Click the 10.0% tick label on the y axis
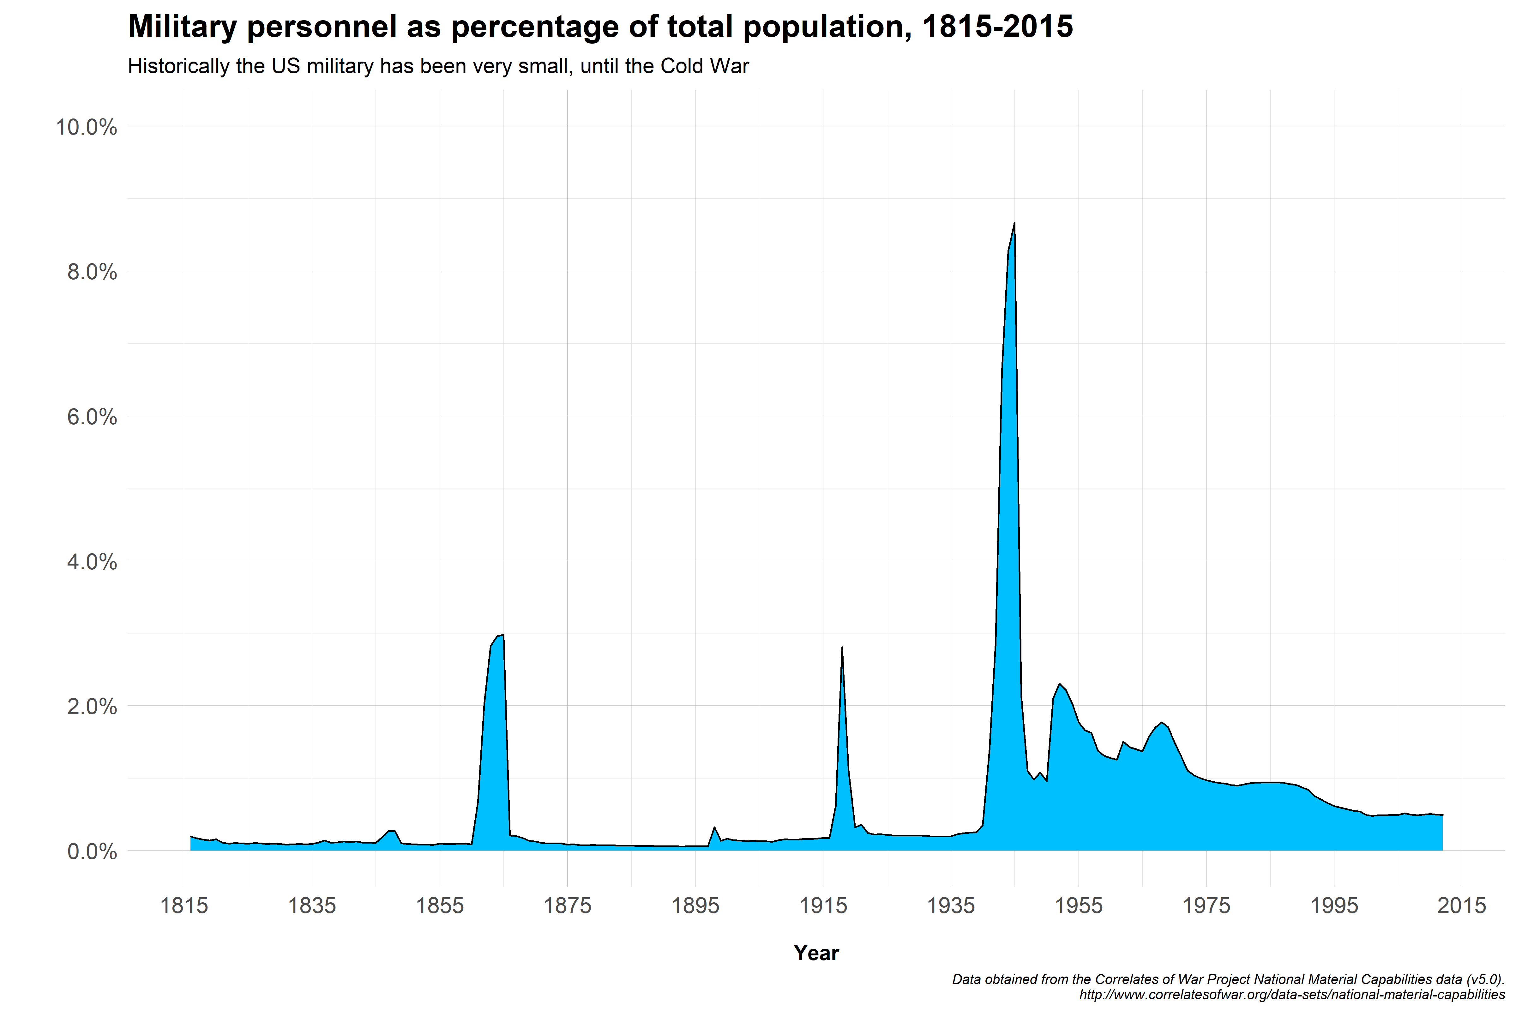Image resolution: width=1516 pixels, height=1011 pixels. click(x=86, y=127)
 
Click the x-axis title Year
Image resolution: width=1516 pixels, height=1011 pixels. click(x=816, y=953)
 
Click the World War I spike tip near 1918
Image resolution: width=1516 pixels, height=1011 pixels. click(x=842, y=647)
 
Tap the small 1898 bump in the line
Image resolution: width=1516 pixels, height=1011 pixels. click(x=714, y=827)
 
